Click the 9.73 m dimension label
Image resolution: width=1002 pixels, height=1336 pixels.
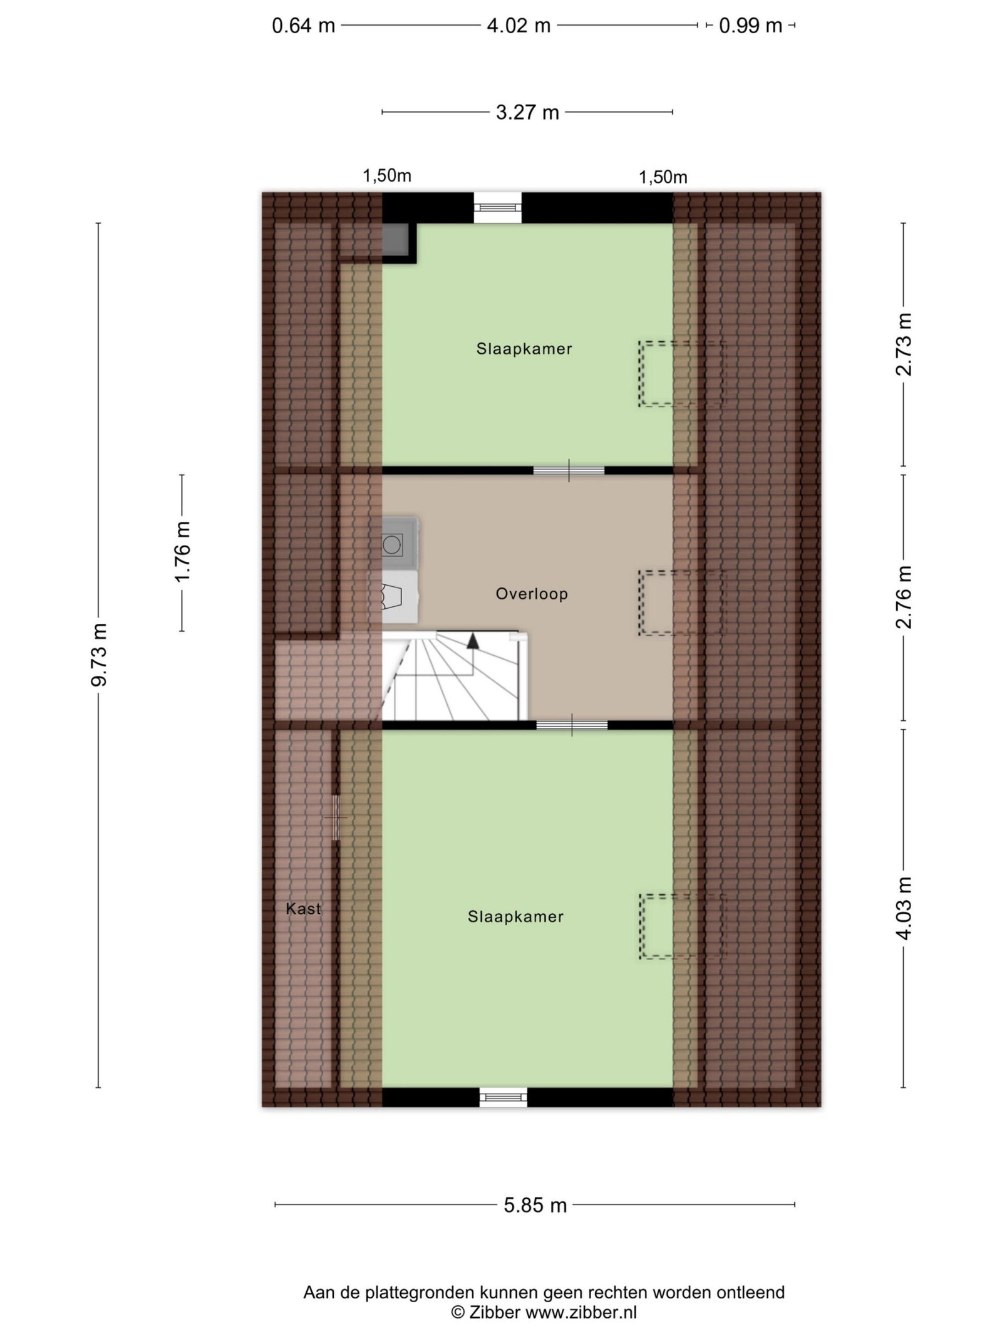(x=99, y=654)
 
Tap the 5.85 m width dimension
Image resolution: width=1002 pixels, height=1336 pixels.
(x=535, y=1204)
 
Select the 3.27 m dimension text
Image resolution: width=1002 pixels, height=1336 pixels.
(x=527, y=113)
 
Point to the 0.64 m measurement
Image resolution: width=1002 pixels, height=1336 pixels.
(x=304, y=26)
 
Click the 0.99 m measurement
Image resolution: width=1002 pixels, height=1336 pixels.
(x=750, y=26)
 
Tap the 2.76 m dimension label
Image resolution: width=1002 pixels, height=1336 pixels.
(x=903, y=597)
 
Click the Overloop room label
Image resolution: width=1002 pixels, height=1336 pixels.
(x=532, y=594)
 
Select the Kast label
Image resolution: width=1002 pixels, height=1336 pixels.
(x=303, y=909)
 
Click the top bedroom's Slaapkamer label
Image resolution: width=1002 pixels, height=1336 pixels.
(x=524, y=349)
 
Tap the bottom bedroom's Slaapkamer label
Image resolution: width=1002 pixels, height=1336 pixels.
(x=515, y=916)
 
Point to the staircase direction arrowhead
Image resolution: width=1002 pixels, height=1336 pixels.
(x=473, y=641)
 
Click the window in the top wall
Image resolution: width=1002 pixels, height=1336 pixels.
(x=497, y=207)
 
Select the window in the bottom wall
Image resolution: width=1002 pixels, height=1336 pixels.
(x=504, y=1096)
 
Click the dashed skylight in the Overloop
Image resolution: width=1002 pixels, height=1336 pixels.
(x=681, y=603)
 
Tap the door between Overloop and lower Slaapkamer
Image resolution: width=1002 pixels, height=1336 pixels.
(x=572, y=725)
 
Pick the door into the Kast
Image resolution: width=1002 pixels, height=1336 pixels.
(x=336, y=818)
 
